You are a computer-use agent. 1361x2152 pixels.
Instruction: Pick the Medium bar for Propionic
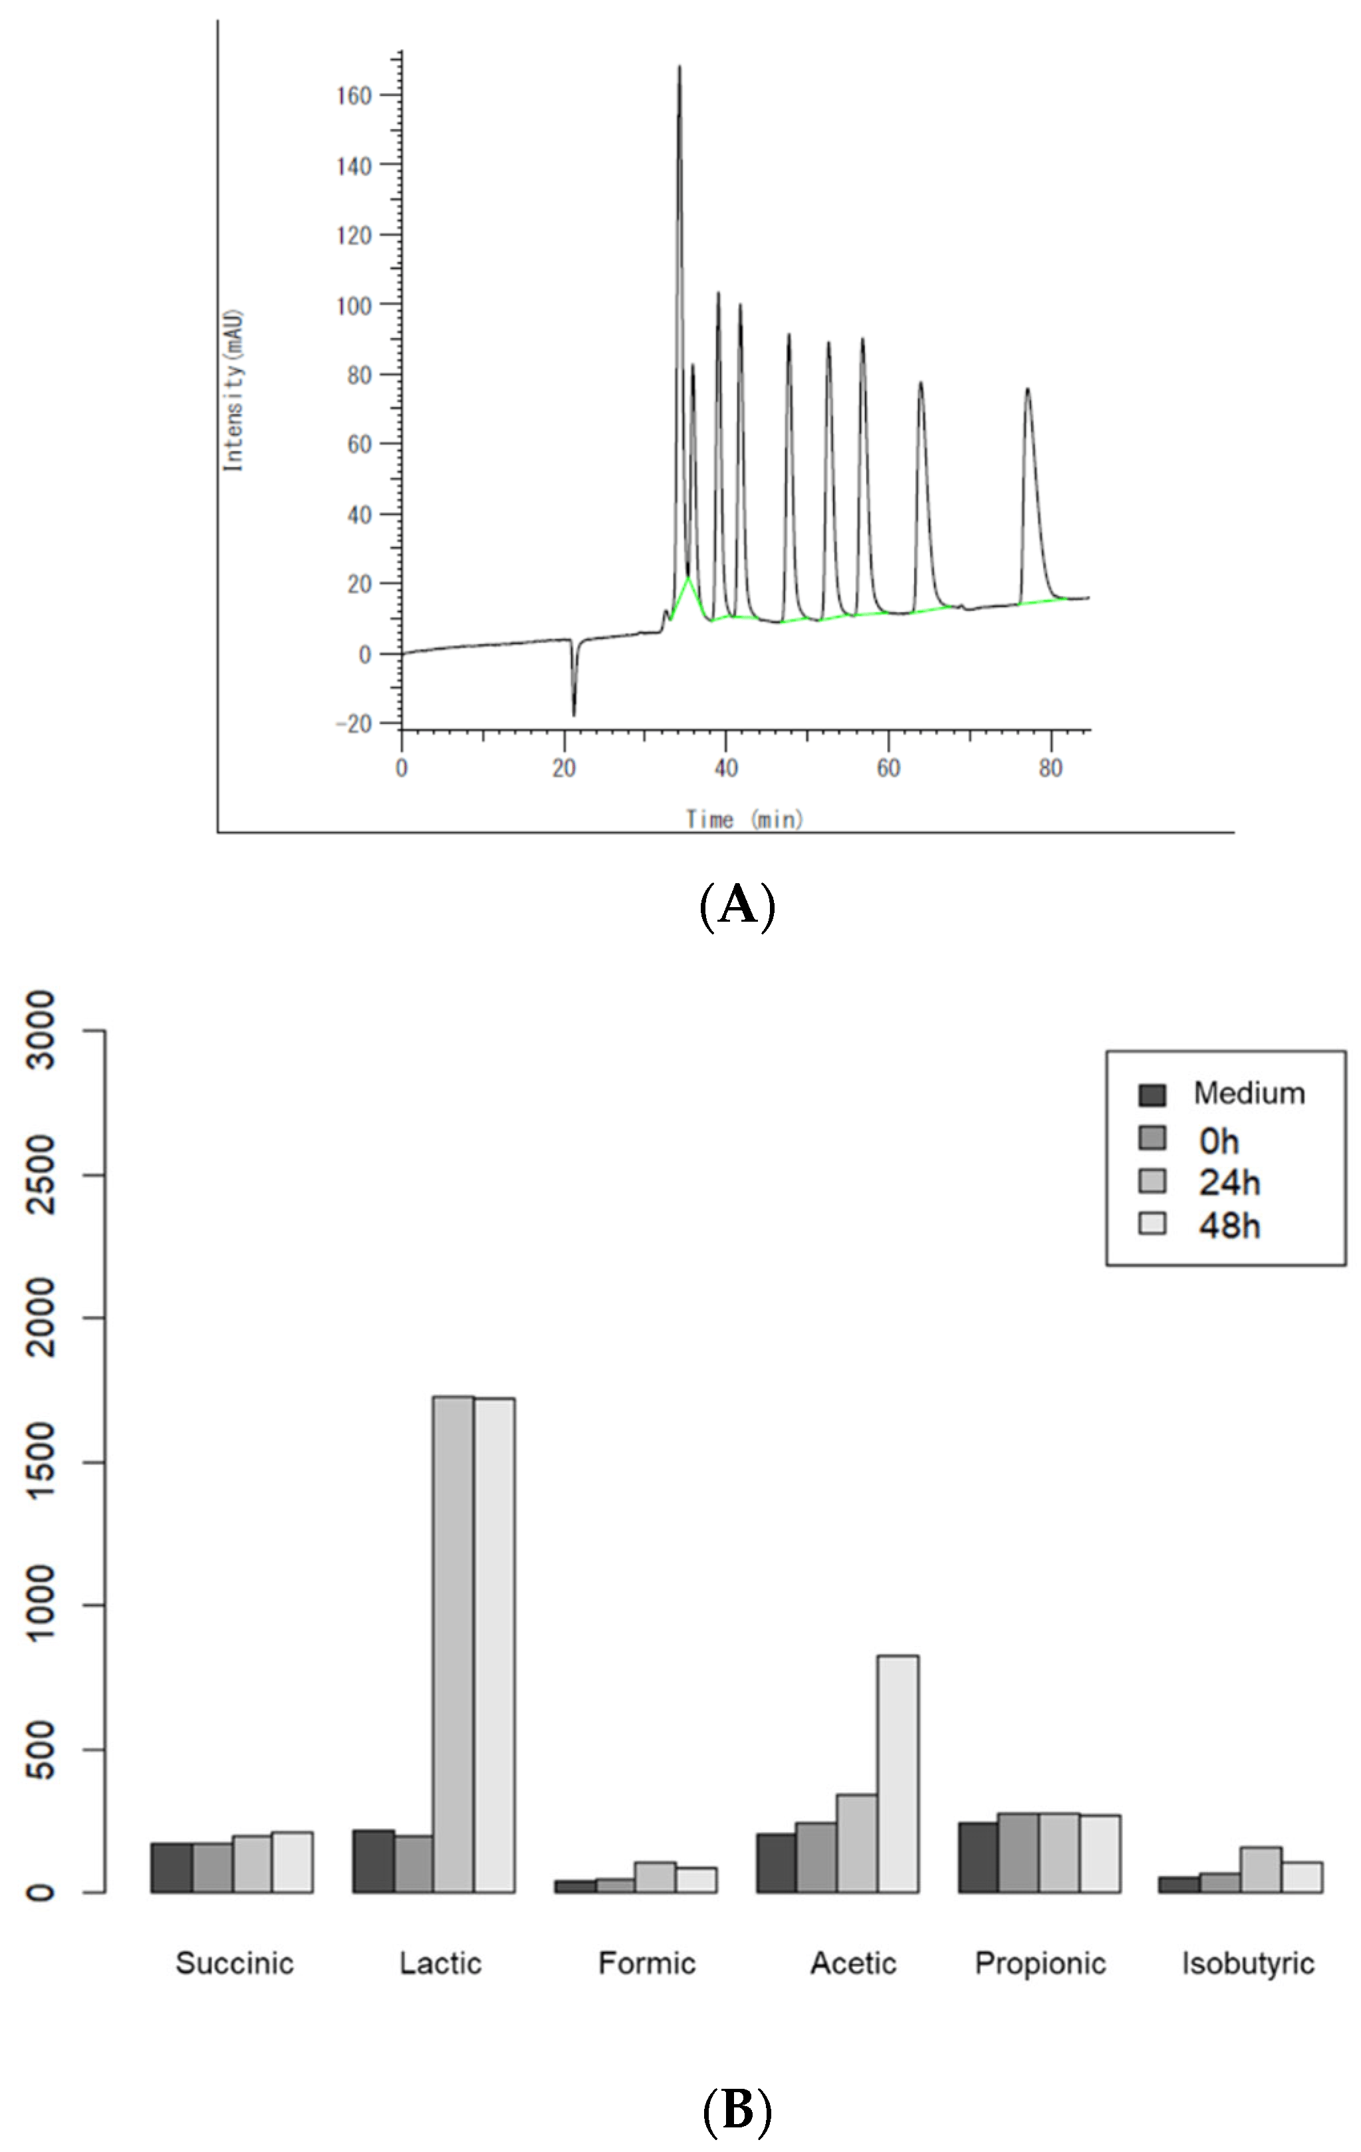[x=977, y=1858]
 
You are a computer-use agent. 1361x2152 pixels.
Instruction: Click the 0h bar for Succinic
[x=212, y=1868]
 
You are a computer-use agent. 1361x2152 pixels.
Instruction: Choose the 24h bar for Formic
[x=655, y=1877]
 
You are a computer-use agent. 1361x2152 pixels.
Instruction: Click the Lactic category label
[x=441, y=1963]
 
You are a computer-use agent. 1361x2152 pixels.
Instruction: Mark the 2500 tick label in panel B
[x=40, y=1174]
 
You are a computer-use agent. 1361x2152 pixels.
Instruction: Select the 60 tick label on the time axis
[x=888, y=769]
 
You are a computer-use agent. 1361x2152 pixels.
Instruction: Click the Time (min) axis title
[x=745, y=819]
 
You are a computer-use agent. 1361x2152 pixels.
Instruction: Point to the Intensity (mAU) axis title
[x=233, y=390]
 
